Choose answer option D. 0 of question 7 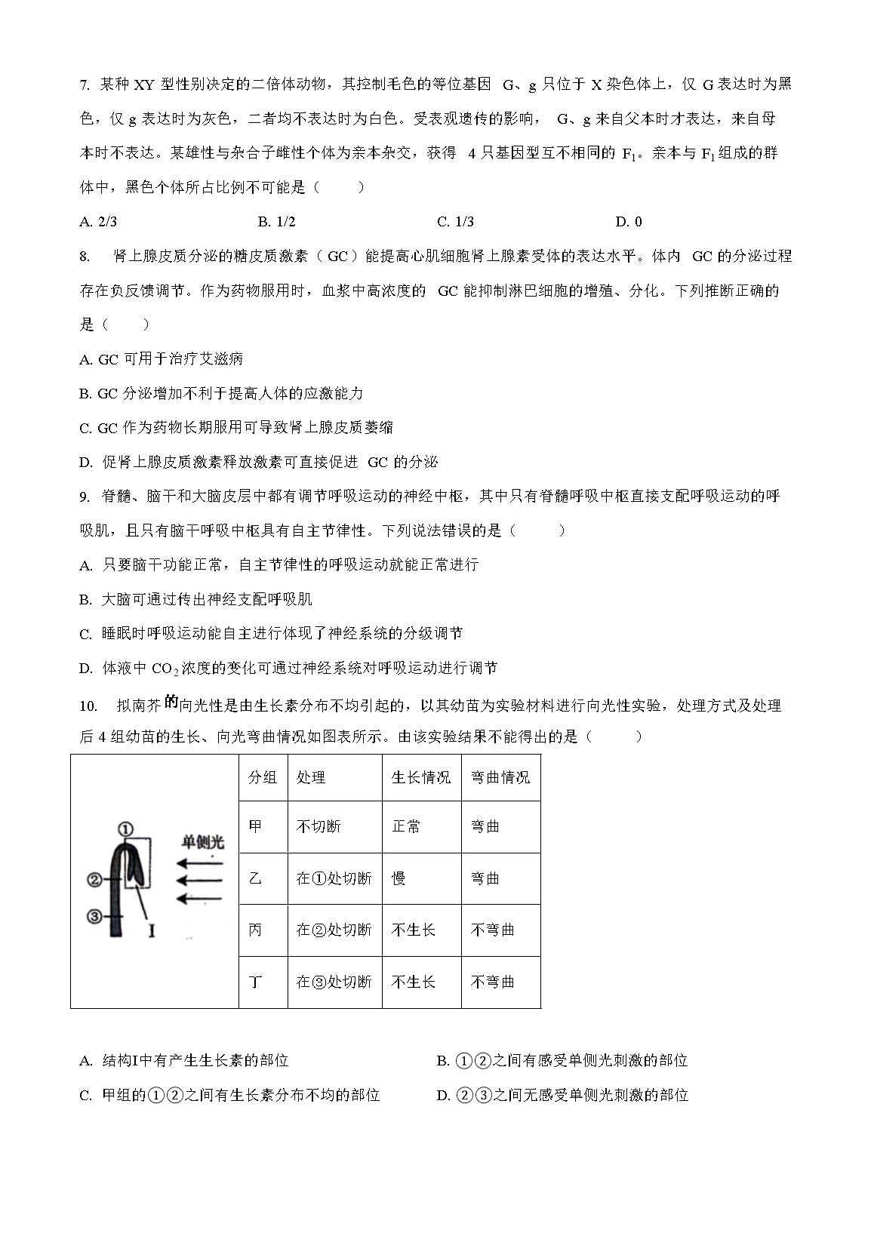point(629,221)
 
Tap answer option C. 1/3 point(455,221)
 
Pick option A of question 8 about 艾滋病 point(162,359)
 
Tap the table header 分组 point(263,777)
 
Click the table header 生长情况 point(421,777)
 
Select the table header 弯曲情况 point(500,777)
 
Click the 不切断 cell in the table point(319,827)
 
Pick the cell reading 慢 point(399,878)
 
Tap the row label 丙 point(255,930)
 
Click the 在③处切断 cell point(334,982)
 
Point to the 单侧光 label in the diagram point(202,842)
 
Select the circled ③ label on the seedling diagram point(95,916)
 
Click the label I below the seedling point(152,930)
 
